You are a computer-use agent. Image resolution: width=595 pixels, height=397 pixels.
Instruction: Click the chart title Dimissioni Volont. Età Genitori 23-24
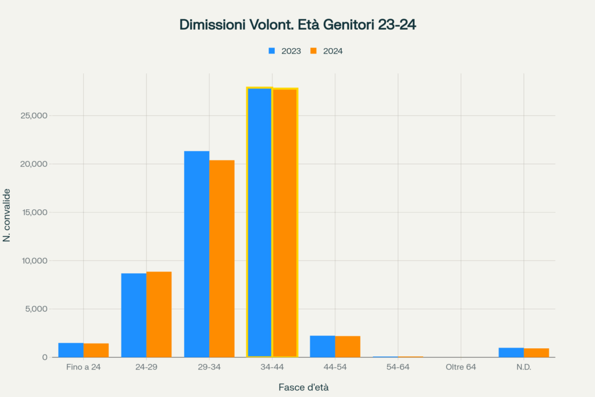297,25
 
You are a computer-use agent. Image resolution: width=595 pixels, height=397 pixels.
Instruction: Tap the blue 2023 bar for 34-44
259,222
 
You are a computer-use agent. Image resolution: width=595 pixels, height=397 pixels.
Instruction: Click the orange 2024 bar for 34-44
285,223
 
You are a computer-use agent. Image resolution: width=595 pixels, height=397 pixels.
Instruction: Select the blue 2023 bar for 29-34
196,254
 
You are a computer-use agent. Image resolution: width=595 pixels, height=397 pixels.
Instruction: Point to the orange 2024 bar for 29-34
222,259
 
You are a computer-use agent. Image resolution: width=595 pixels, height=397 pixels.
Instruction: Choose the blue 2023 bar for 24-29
134,315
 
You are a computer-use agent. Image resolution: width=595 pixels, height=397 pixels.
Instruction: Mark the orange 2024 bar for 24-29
159,314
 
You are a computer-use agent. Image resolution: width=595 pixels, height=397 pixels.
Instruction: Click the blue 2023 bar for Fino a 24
71,350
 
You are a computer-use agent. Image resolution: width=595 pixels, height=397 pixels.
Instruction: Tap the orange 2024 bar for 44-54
347,346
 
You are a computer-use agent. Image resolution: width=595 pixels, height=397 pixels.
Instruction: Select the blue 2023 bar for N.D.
511,352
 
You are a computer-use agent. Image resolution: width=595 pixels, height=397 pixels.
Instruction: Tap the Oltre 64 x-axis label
461,368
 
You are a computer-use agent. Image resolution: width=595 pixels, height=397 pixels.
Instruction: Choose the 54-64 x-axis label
398,368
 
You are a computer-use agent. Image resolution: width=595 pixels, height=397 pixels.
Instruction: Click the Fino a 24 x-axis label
84,368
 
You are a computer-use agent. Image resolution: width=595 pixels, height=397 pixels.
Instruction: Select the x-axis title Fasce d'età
307,387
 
